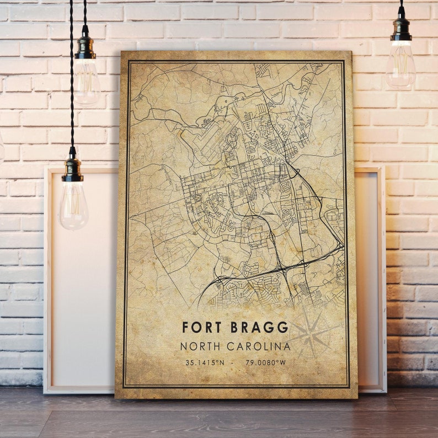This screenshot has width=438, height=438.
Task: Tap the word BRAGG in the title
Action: click(260, 327)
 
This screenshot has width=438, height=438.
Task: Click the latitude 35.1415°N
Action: click(205, 363)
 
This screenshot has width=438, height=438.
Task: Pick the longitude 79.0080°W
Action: click(267, 363)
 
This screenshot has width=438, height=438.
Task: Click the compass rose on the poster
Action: click(312, 332)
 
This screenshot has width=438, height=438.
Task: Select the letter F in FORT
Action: click(186, 327)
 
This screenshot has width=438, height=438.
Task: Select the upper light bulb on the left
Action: click(87, 80)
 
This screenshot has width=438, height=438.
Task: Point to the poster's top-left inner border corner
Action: click(129, 61)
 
